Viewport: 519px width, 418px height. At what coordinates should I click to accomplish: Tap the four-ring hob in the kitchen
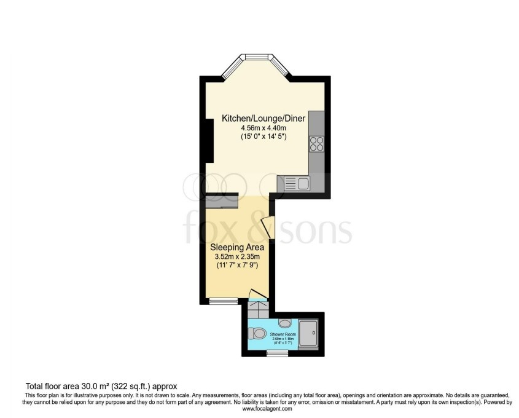tap(316, 143)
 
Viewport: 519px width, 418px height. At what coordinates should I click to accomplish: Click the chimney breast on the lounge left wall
tap(209, 140)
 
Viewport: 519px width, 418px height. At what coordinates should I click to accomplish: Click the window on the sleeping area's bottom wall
tap(223, 301)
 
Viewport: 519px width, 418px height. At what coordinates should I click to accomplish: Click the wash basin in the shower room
tap(285, 323)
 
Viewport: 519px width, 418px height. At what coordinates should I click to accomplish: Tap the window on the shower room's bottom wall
tap(278, 353)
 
